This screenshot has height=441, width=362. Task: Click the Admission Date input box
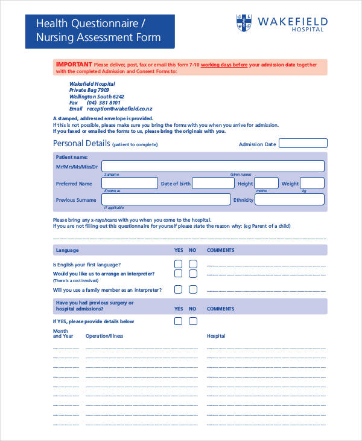coord(303,143)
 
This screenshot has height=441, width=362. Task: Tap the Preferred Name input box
coord(129,183)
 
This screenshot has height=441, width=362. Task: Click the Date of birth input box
coord(212,183)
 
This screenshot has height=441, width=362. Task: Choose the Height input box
coord(266,183)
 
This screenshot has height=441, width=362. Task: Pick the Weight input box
coord(313,183)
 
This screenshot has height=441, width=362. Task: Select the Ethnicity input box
coord(291,199)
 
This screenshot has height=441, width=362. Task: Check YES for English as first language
coord(178,264)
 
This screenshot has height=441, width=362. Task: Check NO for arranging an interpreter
coord(193,274)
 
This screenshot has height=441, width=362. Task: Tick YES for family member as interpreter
coord(178,289)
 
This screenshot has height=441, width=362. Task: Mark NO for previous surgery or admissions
coord(193,321)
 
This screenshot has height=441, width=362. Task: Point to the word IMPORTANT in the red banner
coord(74,63)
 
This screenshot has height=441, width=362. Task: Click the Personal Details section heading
coord(81,144)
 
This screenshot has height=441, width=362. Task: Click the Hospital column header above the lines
coord(216,336)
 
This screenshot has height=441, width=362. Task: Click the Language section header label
coord(67,250)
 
